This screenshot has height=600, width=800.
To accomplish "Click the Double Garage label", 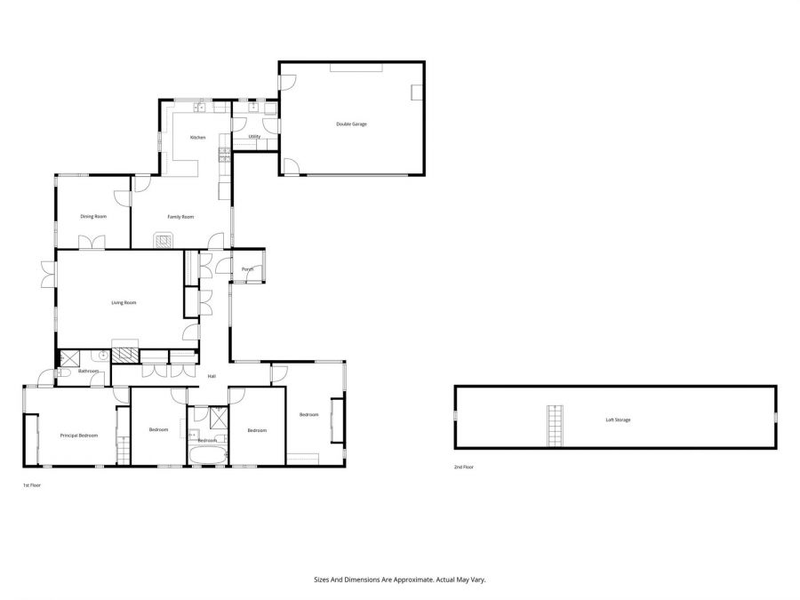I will tap(351, 124).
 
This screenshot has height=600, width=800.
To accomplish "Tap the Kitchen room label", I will tap(197, 137).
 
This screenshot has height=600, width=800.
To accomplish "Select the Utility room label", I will tap(253, 136).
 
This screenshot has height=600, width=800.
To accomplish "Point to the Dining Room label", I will tap(93, 216).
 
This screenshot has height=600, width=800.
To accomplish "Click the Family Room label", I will tap(181, 216).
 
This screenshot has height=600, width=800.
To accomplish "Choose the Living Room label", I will tap(124, 303).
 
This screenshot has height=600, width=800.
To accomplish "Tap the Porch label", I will tap(247, 269).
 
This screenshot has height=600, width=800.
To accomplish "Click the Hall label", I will tap(212, 376).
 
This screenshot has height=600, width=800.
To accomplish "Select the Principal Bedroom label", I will tap(78, 436).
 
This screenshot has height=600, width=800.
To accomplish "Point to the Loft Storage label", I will tap(618, 420).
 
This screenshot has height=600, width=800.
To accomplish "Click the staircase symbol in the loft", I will tap(556, 425).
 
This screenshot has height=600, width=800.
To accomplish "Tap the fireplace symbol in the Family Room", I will tap(164, 240).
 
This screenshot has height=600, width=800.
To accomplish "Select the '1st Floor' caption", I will tap(32, 485).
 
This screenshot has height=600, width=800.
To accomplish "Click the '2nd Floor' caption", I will tap(462, 467).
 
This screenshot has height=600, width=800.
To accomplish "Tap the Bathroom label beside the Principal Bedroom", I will tap(88, 371).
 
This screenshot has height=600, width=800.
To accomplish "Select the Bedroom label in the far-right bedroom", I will tap(308, 415).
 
